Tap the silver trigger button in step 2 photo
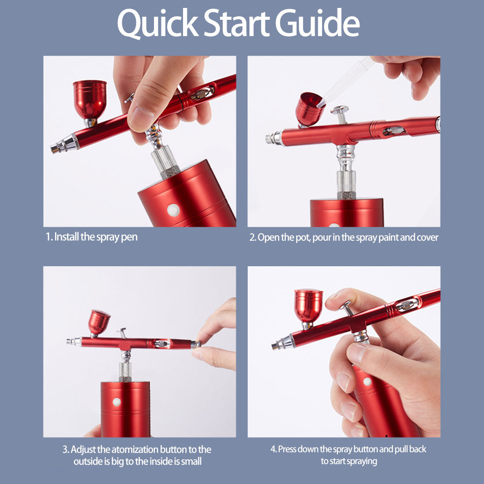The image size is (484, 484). pos(340,110)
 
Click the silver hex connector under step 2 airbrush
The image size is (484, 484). pos(347,181)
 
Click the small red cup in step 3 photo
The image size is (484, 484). pos(99,322)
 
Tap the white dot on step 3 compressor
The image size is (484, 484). pos(117,402)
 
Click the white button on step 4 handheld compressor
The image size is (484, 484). pos(367,381)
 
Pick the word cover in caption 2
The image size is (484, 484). pos(428,238)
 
